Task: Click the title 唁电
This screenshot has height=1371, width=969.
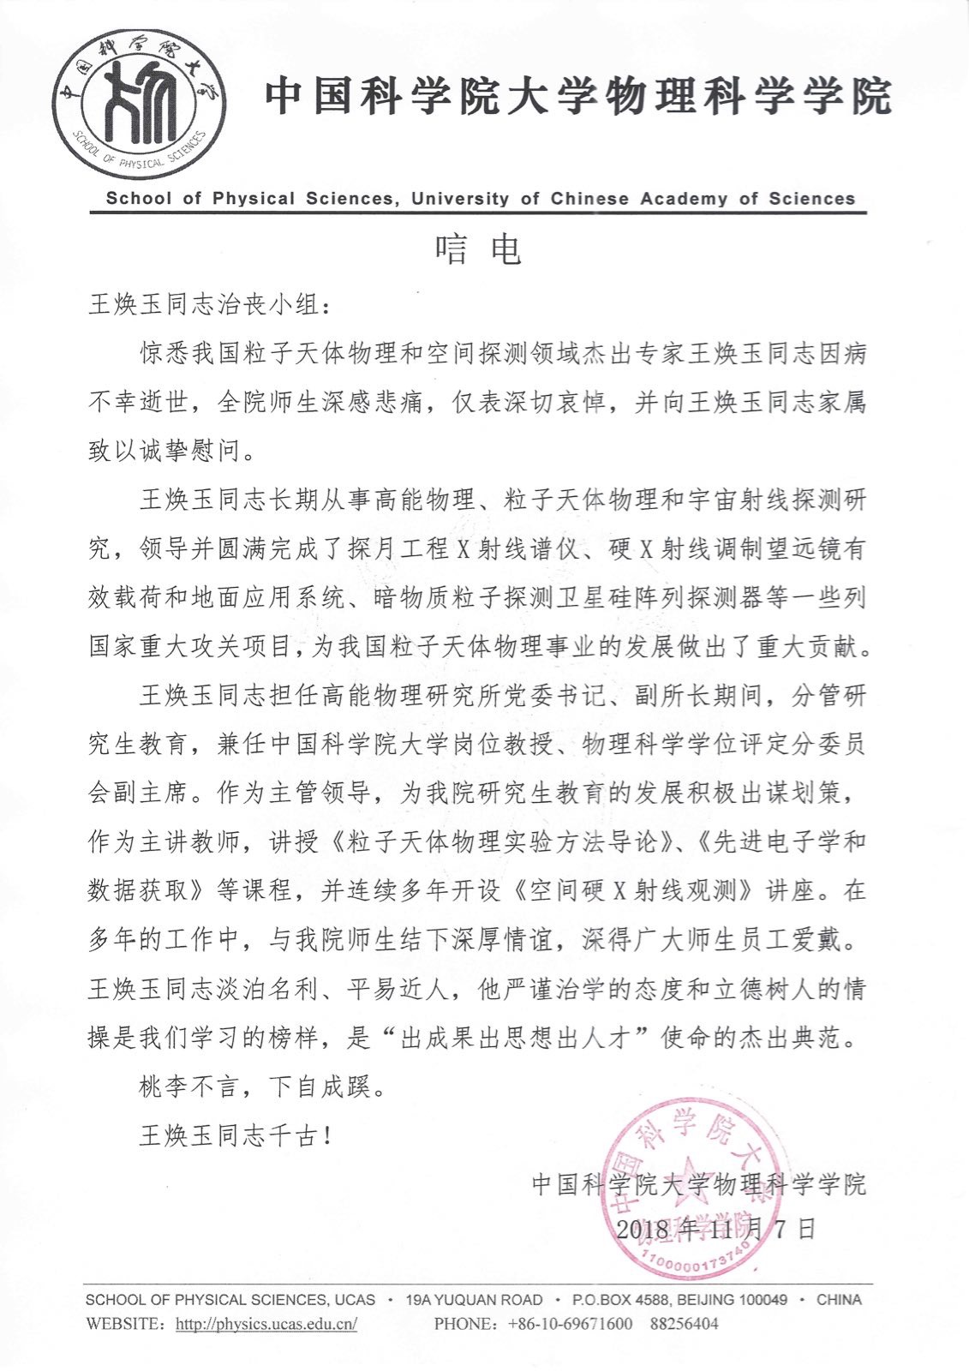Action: [x=477, y=248]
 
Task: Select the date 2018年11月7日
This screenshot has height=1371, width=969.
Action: [x=715, y=1229]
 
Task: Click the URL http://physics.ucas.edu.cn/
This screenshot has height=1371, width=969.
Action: [x=266, y=1324]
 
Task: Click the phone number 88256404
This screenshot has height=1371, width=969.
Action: [x=684, y=1324]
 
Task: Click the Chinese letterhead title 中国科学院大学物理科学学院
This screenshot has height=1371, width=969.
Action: [x=579, y=96]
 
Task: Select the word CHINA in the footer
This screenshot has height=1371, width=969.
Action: [x=839, y=1300]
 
